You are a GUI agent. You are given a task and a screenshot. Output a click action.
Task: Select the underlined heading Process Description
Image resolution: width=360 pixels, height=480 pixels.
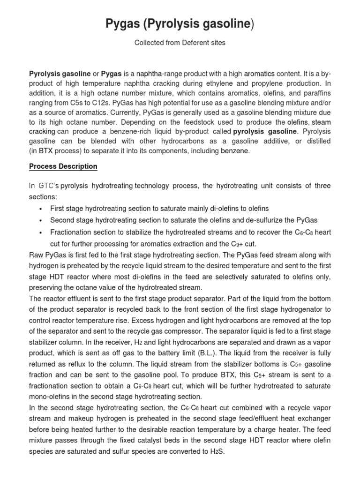(63, 166)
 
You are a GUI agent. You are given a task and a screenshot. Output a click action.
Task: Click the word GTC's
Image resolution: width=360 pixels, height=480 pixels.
(48, 186)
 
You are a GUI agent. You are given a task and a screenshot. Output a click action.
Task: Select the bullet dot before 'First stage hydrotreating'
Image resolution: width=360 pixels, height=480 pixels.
(42, 209)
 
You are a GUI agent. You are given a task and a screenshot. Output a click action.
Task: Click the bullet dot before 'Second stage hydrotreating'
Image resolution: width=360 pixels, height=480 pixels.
(42, 220)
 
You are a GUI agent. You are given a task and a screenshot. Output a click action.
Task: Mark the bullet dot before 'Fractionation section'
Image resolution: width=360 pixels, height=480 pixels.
(42, 232)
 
